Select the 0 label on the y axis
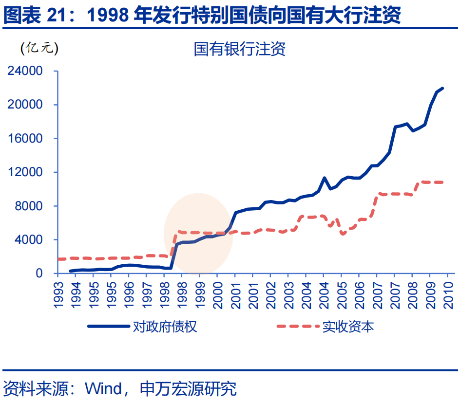(x=39, y=273)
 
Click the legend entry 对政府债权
(x=165, y=327)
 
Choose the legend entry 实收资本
(x=348, y=327)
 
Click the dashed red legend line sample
(x=297, y=327)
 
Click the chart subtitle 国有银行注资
(x=240, y=49)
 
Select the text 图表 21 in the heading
(x=30, y=16)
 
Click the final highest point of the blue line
(x=442, y=88)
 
